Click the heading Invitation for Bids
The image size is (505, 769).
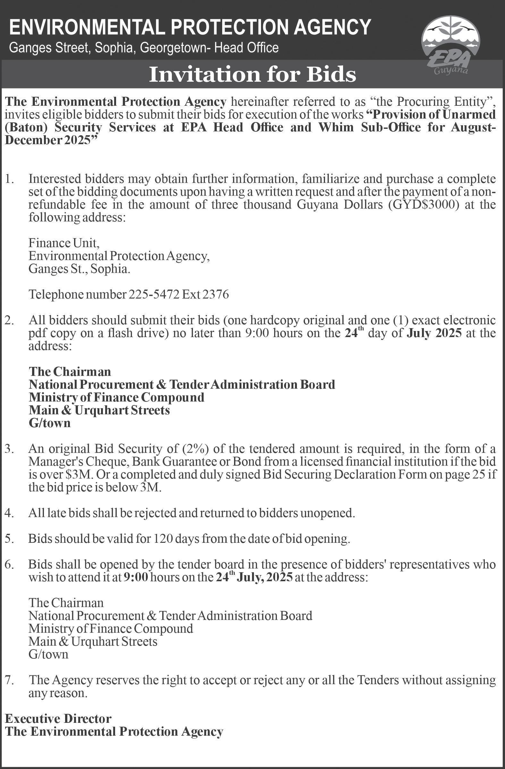(252, 75)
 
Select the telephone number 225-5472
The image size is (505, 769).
(154, 295)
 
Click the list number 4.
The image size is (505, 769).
(9, 513)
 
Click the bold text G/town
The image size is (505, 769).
(49, 423)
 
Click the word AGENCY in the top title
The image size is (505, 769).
(333, 27)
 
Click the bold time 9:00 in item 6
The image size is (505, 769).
(136, 577)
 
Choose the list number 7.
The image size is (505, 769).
(9, 680)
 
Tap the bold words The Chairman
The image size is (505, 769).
(70, 372)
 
